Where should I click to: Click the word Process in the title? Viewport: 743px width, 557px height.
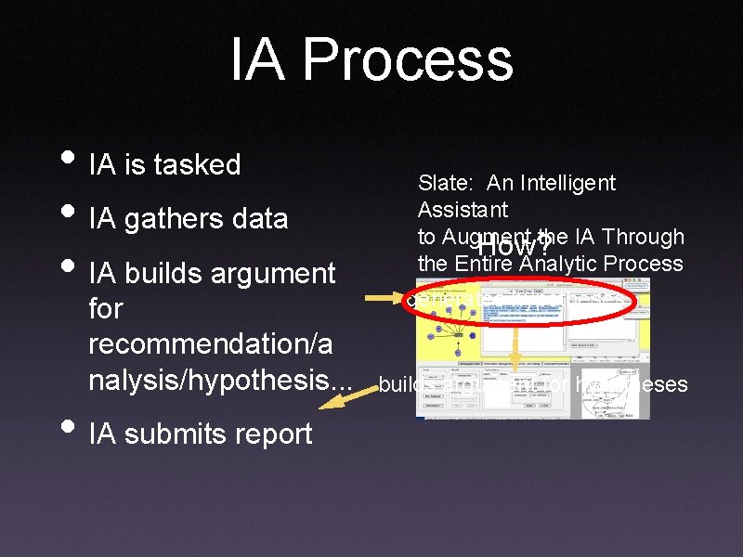click(x=407, y=61)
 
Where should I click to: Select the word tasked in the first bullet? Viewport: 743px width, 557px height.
click(x=197, y=165)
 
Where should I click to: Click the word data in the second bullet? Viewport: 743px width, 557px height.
click(x=261, y=219)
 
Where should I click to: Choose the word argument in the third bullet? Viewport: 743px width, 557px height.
click(x=270, y=274)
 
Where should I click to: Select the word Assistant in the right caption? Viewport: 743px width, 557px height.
click(x=463, y=210)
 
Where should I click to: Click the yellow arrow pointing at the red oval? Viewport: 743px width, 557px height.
click(x=383, y=299)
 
